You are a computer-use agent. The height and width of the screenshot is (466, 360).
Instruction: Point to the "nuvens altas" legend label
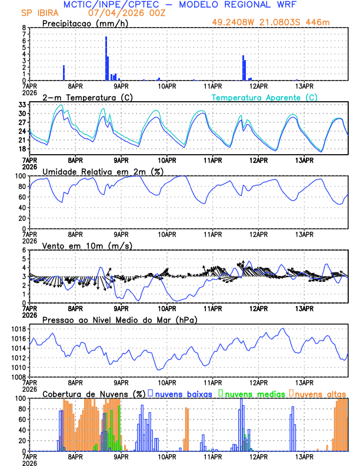pyautogui.click(x=320, y=394)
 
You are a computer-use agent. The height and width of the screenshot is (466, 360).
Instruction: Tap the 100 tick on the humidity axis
pyautogui.click(x=19, y=176)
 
